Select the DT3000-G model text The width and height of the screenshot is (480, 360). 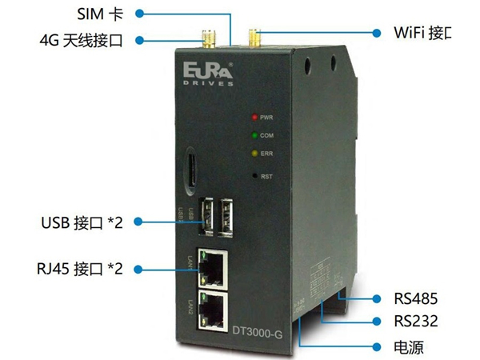256,330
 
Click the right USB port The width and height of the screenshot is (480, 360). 229,216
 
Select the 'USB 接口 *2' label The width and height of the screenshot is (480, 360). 79,221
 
